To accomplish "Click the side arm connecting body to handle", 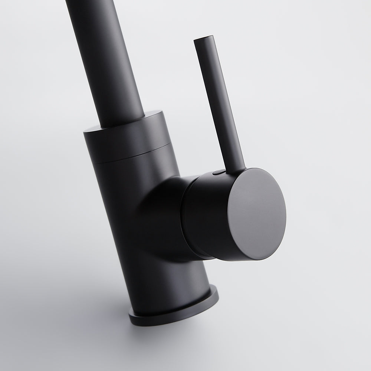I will (163, 208).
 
